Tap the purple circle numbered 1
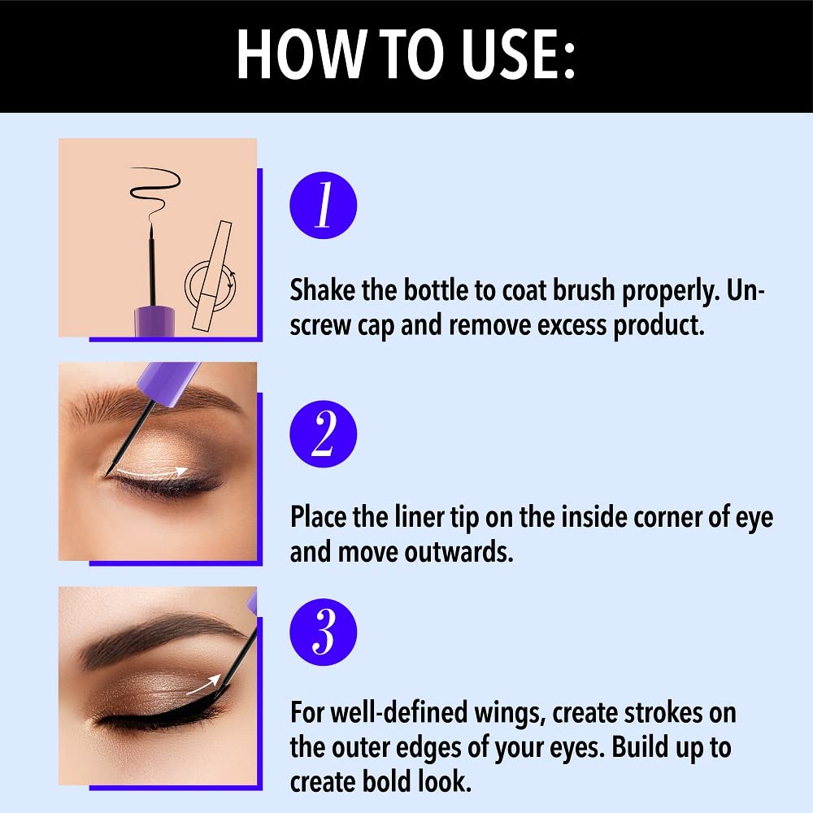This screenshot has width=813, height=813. point(323,206)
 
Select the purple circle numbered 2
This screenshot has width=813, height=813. point(323,434)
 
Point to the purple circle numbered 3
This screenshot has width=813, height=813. point(323,632)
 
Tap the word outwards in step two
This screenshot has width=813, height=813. point(459,551)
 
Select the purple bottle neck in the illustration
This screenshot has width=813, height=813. point(154,321)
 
